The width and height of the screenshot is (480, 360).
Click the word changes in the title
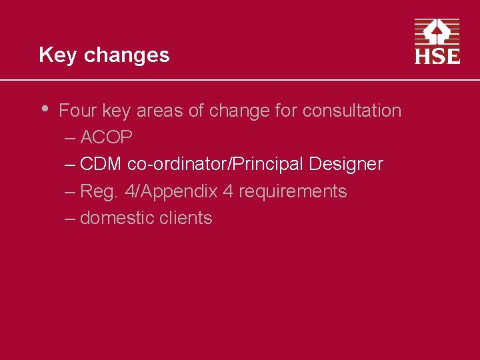(127, 55)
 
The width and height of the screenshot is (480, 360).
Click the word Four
(77, 111)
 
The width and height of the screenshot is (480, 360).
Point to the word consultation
(352, 111)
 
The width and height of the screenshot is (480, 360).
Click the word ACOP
(106, 138)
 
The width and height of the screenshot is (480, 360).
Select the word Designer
(346, 165)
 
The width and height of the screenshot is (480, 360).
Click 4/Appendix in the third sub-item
(171, 192)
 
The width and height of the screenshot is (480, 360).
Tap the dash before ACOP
(71, 138)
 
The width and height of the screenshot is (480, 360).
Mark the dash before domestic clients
(71, 218)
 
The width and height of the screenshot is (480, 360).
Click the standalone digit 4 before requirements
(228, 192)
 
